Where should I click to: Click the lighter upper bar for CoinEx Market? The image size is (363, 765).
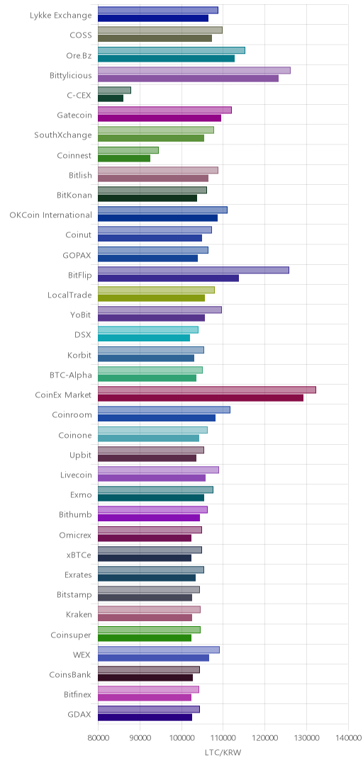tap(206, 390)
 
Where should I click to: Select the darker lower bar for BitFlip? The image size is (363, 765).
tap(168, 278)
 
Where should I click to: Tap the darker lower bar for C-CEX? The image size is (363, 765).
tap(111, 98)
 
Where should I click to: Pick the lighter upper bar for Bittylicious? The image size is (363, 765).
tap(194, 70)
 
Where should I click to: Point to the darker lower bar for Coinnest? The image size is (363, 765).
tap(124, 158)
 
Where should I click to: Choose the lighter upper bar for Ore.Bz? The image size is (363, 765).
tap(171, 50)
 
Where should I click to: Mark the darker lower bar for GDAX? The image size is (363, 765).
tap(145, 717)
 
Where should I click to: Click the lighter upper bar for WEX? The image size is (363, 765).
tap(158, 650)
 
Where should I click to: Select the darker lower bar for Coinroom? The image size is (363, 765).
tap(157, 418)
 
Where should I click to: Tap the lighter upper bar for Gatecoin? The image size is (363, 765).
tap(164, 110)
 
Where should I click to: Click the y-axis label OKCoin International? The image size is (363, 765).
tap(50, 215)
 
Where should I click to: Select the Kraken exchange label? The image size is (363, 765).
tap(78, 614)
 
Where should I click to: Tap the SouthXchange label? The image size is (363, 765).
tap(63, 135)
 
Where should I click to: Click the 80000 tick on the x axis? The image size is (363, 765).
tap(98, 739)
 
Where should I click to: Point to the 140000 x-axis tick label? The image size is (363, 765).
tap(348, 739)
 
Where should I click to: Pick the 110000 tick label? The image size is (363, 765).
tap(223, 739)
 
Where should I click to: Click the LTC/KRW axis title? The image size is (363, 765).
tap(223, 752)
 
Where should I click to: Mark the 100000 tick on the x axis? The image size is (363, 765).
tap(181, 739)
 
